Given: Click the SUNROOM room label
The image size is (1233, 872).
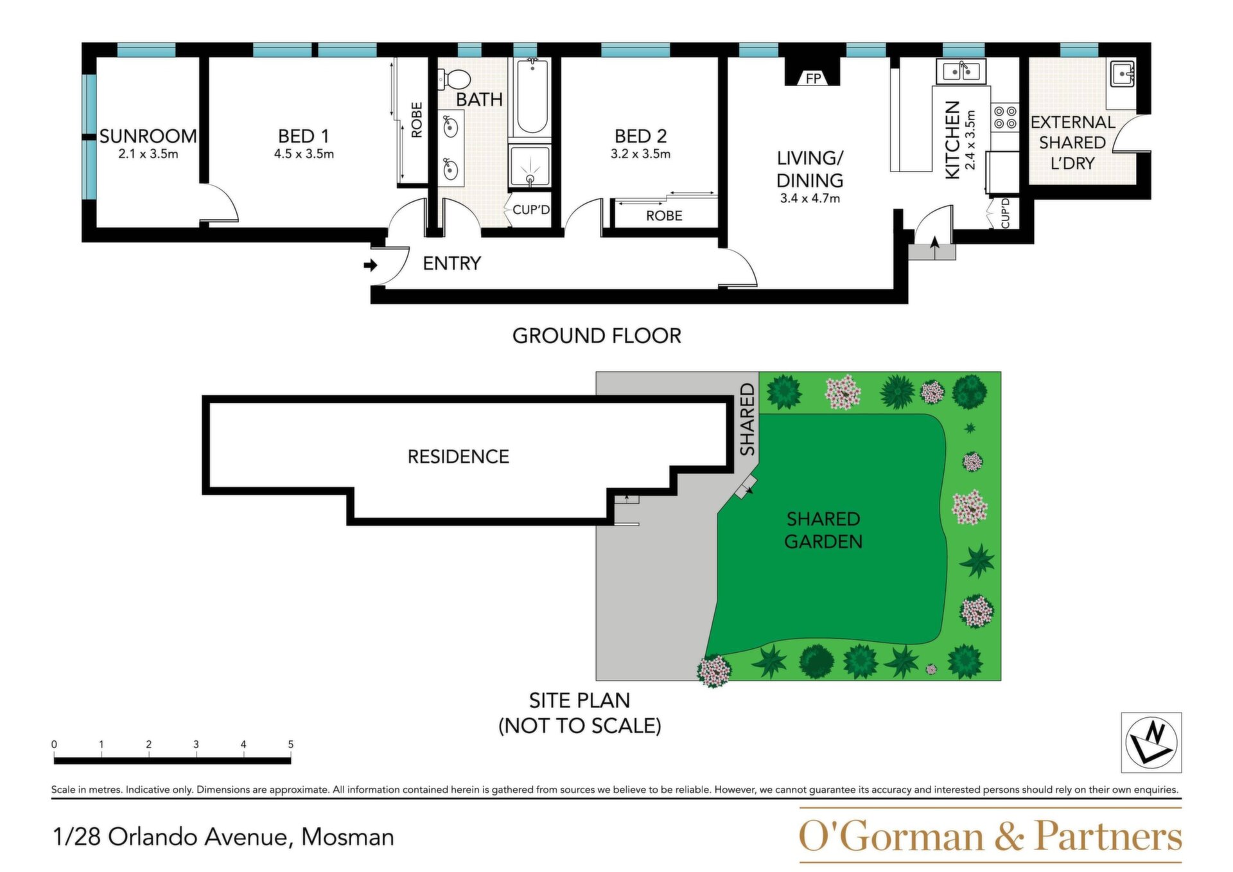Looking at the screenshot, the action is coord(148,136).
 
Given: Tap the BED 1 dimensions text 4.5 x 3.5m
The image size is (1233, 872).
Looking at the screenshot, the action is coord(304,154).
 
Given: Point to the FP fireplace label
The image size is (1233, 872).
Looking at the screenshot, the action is coord(814,78).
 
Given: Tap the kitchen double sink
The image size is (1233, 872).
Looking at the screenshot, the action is coord(961,72).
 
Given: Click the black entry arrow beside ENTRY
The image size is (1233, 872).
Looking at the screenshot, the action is coord(371,265).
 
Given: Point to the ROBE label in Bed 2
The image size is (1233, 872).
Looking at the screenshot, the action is coord(664,216).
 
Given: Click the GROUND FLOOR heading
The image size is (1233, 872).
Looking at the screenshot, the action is coord(597,335).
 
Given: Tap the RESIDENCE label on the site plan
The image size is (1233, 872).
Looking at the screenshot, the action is coord(459,457).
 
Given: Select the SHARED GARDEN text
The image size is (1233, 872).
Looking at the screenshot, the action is coord(823,530).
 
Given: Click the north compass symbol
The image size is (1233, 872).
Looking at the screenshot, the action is coord(1151,742).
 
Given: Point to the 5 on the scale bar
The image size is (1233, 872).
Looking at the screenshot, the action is coord(290,744).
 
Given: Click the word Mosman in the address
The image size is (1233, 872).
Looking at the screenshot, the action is coord(347,837).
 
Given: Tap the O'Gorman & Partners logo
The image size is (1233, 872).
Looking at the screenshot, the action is coord(990,835).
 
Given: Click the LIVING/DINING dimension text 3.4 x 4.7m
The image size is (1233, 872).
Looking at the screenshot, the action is coord(810,199).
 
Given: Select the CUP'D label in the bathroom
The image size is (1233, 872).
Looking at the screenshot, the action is coord(531,209).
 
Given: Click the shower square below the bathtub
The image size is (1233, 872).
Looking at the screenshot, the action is coord(530,166).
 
